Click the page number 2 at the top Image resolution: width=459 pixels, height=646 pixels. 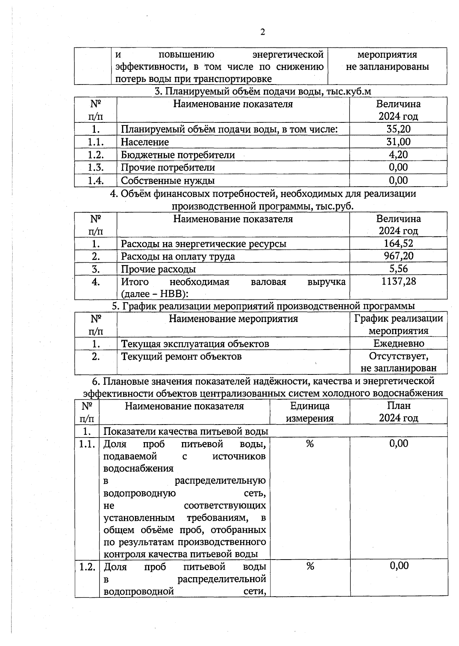point(262,32)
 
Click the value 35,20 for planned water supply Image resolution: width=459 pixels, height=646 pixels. point(398,129)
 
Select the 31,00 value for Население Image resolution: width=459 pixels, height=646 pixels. point(398,142)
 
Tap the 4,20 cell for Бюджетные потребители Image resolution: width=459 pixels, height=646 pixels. point(398,155)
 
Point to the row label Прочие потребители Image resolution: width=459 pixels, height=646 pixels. point(168,168)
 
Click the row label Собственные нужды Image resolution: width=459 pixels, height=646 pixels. point(168,181)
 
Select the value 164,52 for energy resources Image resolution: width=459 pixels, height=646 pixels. point(398,243)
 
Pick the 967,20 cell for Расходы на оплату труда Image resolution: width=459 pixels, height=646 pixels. point(398,256)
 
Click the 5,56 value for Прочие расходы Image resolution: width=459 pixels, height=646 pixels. point(398,268)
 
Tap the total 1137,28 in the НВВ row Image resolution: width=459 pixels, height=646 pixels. point(398,282)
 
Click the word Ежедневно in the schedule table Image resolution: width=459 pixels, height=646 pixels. point(399,343)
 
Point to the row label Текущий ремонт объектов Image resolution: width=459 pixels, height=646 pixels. point(181,356)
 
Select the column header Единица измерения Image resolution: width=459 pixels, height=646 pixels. point(309,412)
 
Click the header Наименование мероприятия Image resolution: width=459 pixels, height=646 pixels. point(233,319)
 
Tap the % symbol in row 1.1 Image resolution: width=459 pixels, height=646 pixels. point(309,444)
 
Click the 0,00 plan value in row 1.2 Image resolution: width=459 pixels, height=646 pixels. point(399,566)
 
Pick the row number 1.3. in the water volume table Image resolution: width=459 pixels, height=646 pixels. point(96,168)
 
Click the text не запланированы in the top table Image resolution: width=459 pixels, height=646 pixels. point(387,67)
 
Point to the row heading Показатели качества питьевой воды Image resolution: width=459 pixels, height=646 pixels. point(186,431)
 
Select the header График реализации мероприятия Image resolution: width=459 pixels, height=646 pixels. point(398,324)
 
